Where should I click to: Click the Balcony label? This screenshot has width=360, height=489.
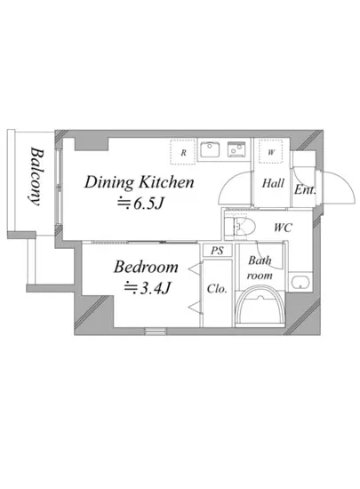pyautogui.click(x=36, y=177)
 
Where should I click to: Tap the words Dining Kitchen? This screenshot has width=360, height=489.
pyautogui.click(x=140, y=182)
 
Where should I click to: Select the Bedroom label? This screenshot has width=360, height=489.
pyautogui.click(x=146, y=267)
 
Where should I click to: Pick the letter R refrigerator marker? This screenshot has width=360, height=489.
pyautogui.click(x=184, y=153)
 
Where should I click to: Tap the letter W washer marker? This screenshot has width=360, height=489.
pyautogui.click(x=271, y=152)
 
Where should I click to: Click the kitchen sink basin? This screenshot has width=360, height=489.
pyautogui.click(x=210, y=149)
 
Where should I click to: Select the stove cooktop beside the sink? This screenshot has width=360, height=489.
pyautogui.click(x=236, y=149)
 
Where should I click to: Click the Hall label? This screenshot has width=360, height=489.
pyautogui.click(x=273, y=183)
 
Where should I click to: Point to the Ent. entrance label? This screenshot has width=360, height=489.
pyautogui.click(x=305, y=189)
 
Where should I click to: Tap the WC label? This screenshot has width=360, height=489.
pyautogui.click(x=283, y=228)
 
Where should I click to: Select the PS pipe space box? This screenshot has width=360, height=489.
pyautogui.click(x=217, y=250)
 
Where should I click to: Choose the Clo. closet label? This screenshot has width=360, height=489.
pyautogui.click(x=217, y=289)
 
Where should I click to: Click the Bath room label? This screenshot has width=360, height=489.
pyautogui.click(x=260, y=268)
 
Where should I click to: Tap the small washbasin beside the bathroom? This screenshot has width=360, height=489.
pyautogui.click(x=300, y=282)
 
